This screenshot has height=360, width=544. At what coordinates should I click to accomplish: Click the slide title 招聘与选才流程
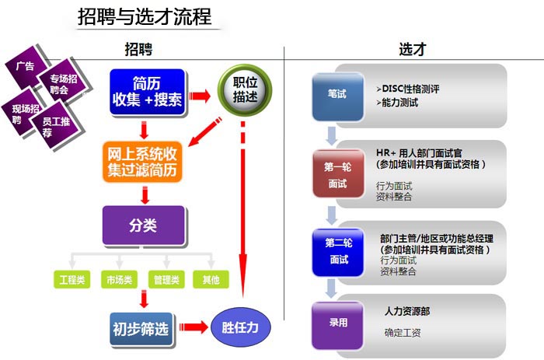click(145, 16)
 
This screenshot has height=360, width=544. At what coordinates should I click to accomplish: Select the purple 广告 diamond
click(26, 65)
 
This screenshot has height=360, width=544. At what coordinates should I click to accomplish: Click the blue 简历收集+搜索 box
click(147, 92)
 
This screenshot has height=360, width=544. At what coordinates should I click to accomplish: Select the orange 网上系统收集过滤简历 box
click(143, 162)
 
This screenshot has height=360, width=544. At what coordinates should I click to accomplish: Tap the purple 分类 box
click(143, 225)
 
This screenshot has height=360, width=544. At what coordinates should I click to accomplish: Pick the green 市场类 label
click(118, 279)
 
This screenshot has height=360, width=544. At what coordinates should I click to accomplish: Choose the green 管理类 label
click(166, 279)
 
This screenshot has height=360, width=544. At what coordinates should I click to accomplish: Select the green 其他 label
click(211, 279)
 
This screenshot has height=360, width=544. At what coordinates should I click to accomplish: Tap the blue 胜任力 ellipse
click(241, 327)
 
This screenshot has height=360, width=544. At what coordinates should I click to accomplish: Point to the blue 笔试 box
click(337, 94)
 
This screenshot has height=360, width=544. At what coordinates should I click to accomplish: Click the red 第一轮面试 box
click(337, 175)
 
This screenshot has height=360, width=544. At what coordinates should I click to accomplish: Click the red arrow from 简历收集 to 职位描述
click(201, 96)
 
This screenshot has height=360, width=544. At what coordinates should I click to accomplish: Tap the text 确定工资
click(403, 333)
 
